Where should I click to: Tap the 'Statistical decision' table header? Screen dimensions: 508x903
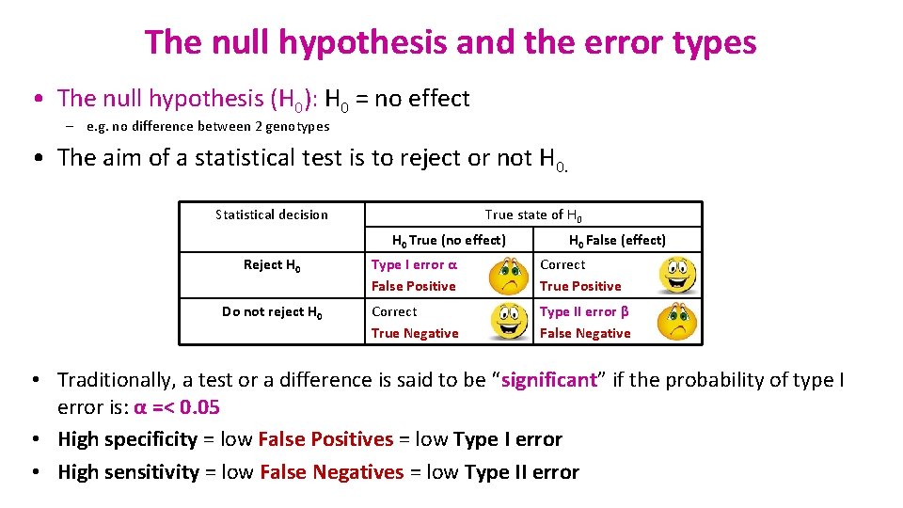272,214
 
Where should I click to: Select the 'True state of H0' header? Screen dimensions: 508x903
532,214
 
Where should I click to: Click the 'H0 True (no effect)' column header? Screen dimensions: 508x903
449,240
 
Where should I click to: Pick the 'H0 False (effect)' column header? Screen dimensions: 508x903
617,240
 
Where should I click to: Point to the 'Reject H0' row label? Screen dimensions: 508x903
272,265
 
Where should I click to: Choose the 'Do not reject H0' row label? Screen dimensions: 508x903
272,312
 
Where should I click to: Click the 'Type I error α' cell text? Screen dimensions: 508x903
414,264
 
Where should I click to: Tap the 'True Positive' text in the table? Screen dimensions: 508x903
580,286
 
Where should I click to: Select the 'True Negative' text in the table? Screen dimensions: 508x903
415,333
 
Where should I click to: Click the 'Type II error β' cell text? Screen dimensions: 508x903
584,311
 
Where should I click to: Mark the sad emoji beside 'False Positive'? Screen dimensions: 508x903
508,276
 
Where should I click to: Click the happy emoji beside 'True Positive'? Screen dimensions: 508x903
676,276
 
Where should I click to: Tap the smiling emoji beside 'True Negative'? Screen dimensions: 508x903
508,322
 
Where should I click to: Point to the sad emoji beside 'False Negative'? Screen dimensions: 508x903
676,322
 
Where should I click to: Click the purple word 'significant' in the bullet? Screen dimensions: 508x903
549,380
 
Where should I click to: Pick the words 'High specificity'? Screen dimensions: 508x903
128,439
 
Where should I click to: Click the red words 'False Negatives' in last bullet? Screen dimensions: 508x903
331,472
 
